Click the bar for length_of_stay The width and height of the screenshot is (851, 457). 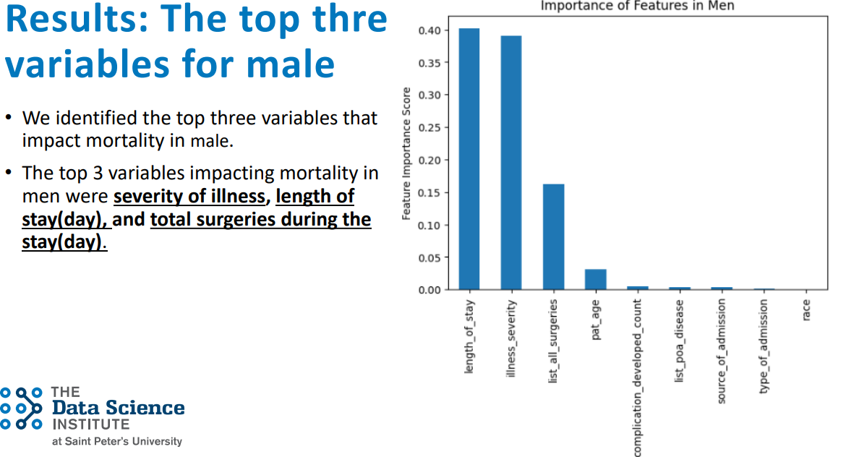tap(469, 159)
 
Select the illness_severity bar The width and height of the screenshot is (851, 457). tap(511, 163)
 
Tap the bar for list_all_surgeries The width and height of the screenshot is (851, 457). tap(554, 236)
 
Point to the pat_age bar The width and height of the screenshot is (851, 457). tap(595, 280)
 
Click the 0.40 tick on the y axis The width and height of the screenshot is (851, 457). tap(429, 30)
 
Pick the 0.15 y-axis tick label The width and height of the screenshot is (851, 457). tap(429, 192)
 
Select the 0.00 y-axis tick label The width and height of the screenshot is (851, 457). tap(429, 290)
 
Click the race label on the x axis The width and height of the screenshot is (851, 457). tap(806, 310)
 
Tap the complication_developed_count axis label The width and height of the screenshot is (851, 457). tap(637, 377)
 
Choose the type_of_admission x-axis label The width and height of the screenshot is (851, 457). tap(764, 346)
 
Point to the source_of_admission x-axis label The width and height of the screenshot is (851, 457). tap(722, 351)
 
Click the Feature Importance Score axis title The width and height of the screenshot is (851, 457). tap(406, 153)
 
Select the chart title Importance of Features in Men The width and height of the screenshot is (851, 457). tap(638, 6)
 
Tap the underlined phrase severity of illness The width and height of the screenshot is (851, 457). tap(189, 196)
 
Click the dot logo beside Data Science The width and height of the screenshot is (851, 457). tap(22, 408)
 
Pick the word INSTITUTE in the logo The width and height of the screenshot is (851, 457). tap(91, 424)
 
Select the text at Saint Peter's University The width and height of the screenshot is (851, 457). tap(117, 441)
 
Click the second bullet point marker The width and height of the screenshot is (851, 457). tap(8, 173)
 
